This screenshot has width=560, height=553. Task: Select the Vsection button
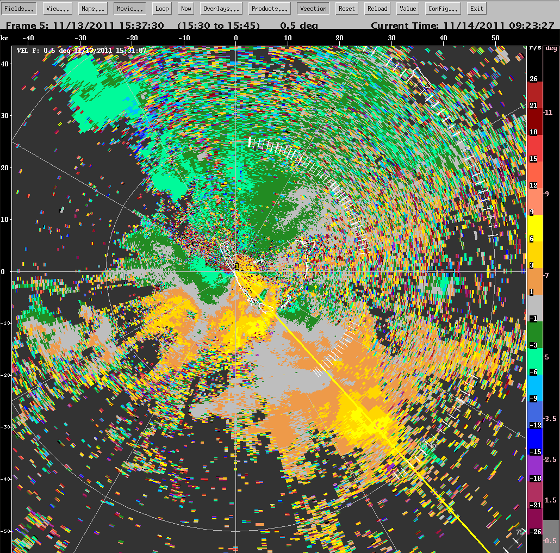click(x=313, y=8)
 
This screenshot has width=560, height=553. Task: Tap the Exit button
click(x=477, y=8)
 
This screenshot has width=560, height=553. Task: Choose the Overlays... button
click(x=222, y=8)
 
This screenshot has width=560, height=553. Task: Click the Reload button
click(x=377, y=8)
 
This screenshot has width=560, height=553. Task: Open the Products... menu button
click(x=270, y=8)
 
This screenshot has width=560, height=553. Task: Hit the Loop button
click(x=161, y=8)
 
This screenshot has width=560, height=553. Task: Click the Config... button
click(x=444, y=8)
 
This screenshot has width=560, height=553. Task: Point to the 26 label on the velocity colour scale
click(x=533, y=79)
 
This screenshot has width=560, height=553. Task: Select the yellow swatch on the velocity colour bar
click(x=533, y=226)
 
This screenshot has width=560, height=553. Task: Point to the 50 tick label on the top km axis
click(x=495, y=38)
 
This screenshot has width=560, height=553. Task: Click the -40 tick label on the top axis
click(x=28, y=38)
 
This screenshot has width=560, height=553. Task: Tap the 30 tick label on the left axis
click(x=4, y=116)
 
